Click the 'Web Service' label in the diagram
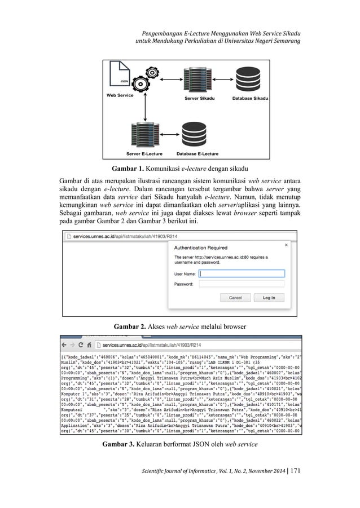(x=120, y=96)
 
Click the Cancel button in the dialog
(x=235, y=298)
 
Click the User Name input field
(x=242, y=273)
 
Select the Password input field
(x=242, y=284)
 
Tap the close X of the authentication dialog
(x=286, y=245)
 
